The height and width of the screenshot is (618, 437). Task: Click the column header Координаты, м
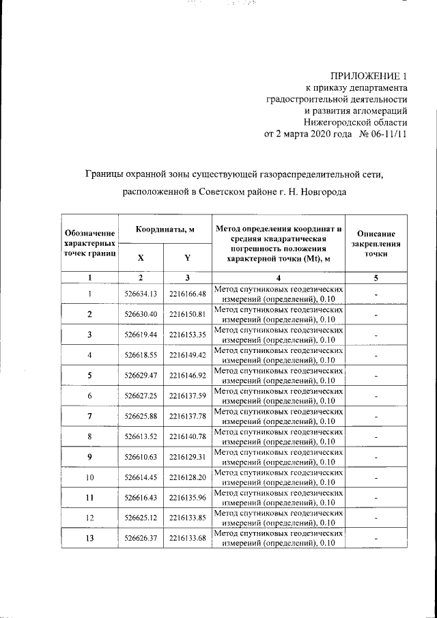coord(164,229)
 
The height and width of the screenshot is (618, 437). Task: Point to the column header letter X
coord(141,258)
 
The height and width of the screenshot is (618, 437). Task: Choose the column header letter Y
coord(187,258)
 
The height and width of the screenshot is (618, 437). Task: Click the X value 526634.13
coord(141,294)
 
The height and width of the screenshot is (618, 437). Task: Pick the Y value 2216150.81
coord(187,315)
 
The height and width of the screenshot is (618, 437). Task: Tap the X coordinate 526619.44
coord(141,335)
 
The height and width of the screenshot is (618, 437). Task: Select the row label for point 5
coord(89,376)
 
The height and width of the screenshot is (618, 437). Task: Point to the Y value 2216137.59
coord(187,396)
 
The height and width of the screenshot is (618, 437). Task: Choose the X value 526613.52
coord(141,437)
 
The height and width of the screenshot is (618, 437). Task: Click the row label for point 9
coord(89,457)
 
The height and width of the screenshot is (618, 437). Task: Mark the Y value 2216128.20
coord(187,477)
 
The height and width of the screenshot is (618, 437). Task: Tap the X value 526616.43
coord(141,498)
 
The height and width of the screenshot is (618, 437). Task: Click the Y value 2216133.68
coord(187,538)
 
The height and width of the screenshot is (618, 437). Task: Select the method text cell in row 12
coord(278,518)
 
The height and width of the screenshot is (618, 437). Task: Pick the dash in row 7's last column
coord(376,417)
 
